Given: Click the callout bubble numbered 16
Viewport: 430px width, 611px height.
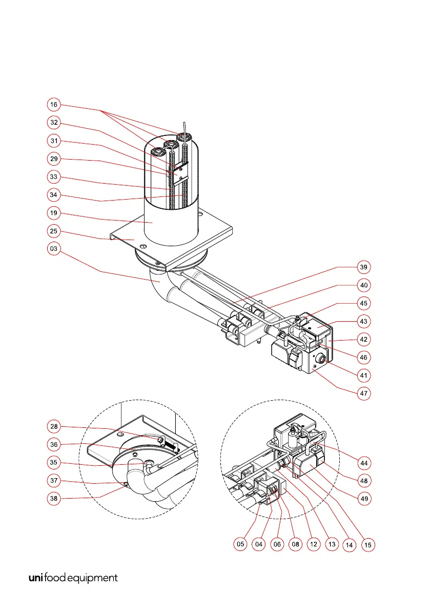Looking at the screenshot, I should tap(54, 105).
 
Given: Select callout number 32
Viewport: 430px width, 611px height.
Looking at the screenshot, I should tap(54, 123).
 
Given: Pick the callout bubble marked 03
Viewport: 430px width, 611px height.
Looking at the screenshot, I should tap(54, 249).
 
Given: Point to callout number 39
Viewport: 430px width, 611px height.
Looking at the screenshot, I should tap(364, 267).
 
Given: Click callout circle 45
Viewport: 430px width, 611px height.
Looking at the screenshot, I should tap(364, 303).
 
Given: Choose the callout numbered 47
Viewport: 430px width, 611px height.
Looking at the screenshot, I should tap(364, 393).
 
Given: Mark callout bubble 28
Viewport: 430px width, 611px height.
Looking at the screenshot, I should tap(54, 426).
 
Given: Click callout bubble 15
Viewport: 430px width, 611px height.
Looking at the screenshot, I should tap(367, 544).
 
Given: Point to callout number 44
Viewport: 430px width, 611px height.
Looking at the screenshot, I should tap(364, 463).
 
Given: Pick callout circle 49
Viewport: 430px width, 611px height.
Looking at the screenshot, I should tap(364, 498).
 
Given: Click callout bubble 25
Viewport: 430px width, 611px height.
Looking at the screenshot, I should tap(54, 231).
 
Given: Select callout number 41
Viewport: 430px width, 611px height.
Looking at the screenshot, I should tap(364, 376).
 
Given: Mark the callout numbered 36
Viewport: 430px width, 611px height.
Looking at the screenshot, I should tap(54, 444).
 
